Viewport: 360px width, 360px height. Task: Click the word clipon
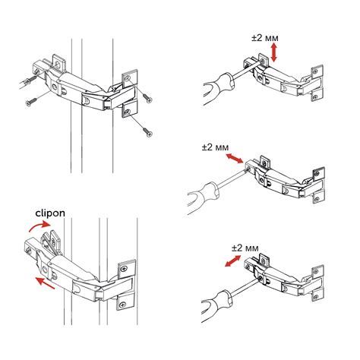(50, 213)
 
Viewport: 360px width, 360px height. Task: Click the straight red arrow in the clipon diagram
(45, 283)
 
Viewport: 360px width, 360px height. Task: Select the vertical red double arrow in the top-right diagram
(273, 52)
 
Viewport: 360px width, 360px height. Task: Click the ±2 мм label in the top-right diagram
(265, 38)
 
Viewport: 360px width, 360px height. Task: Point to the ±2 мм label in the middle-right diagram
(215, 147)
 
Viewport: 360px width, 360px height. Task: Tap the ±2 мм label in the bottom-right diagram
(245, 248)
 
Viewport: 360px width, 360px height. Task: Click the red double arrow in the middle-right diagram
(235, 158)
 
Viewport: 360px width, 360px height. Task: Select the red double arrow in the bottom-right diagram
(233, 261)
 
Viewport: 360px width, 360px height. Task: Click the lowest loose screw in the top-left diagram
(147, 132)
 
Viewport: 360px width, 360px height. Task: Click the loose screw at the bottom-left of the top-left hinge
(31, 102)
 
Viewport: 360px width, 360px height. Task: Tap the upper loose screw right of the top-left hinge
(147, 98)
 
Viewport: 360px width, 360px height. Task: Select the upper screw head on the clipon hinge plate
(124, 269)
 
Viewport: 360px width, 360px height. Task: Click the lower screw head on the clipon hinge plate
(123, 305)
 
